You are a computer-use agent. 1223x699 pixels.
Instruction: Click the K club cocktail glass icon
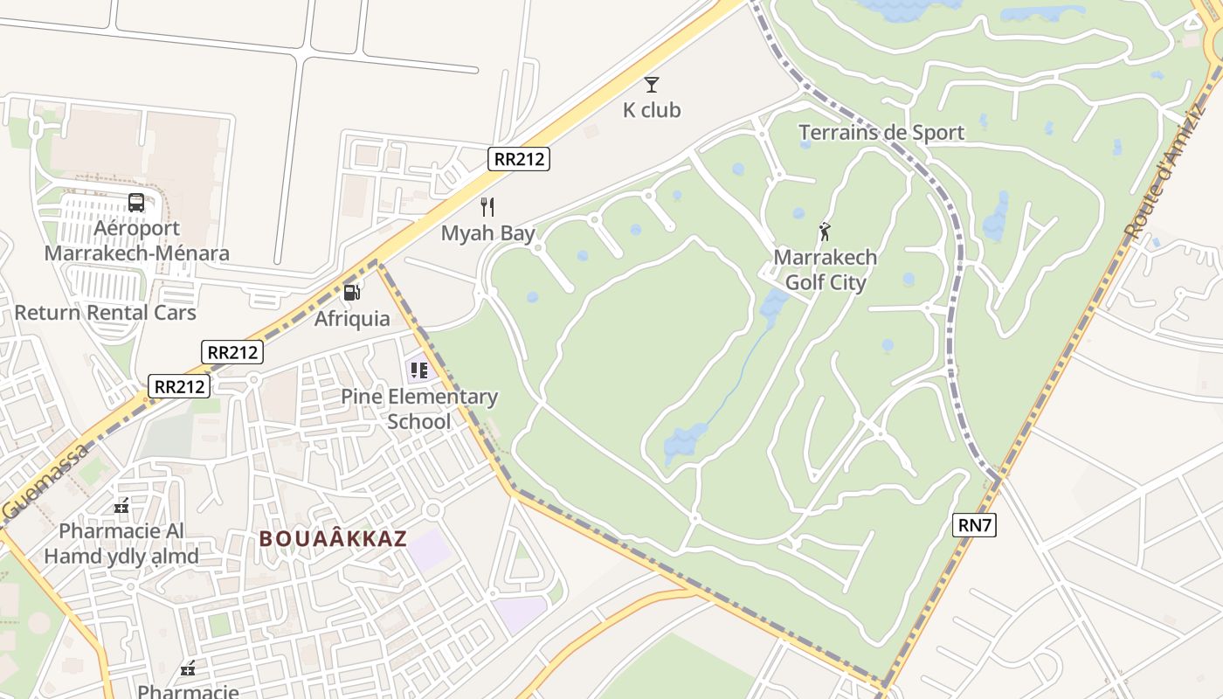coord(651,85)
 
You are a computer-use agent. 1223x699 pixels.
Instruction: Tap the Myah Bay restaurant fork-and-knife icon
coord(487,207)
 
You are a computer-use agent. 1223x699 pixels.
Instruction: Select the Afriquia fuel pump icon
coord(352,293)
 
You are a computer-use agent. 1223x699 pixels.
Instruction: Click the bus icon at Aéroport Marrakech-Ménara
coord(136,203)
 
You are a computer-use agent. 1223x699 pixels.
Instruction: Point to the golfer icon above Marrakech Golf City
coord(825,232)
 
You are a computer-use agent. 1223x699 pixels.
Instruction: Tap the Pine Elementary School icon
coord(418,370)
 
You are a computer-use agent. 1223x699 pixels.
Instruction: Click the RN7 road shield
coord(975,525)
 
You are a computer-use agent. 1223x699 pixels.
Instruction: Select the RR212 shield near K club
coord(519,159)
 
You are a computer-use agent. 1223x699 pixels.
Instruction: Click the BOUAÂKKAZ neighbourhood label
coord(333,538)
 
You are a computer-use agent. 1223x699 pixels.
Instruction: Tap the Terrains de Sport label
coord(881,133)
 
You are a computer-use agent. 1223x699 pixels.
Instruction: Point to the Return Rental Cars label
coord(105,313)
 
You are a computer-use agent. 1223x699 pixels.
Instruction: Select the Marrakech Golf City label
coord(826,270)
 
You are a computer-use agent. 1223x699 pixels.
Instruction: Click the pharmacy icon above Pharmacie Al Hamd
coord(121,506)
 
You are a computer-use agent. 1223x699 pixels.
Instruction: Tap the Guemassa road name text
coord(45,481)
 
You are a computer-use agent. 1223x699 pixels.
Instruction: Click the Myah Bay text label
coord(487,233)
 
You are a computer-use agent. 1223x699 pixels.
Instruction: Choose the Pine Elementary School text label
coord(419,409)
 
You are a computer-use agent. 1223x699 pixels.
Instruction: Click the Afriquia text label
coord(352,319)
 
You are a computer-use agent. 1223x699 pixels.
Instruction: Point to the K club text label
coord(651,111)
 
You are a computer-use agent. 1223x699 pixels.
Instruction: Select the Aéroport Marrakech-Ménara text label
coord(136,241)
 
